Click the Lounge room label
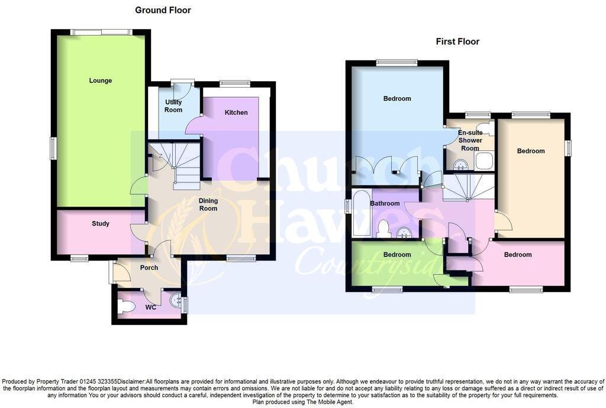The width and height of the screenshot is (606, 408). click(x=101, y=81)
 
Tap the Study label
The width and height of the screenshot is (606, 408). click(x=101, y=224)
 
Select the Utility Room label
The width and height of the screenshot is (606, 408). click(x=173, y=106)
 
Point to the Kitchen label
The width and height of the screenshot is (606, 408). click(x=236, y=113)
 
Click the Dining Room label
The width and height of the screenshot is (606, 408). click(x=208, y=204)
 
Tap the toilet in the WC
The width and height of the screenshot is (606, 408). click(x=126, y=306)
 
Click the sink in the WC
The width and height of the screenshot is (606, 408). click(x=176, y=301)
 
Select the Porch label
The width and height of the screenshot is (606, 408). click(x=149, y=268)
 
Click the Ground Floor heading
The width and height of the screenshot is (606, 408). click(x=163, y=10)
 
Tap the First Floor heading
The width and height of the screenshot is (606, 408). click(x=457, y=41)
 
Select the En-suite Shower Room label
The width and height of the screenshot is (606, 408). click(x=470, y=140)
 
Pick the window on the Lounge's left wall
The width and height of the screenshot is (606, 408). click(x=53, y=148)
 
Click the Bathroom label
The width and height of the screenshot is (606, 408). click(x=385, y=204)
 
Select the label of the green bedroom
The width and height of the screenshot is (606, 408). click(x=397, y=255)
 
